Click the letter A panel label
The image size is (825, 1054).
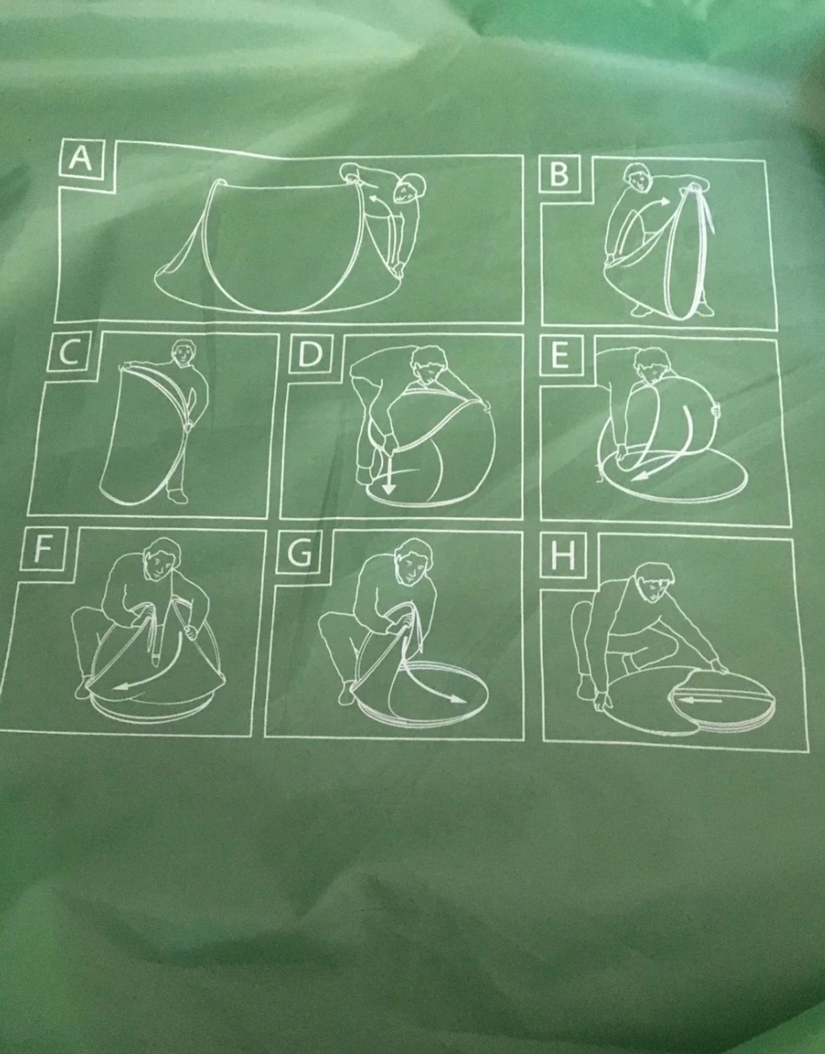pos(80,158)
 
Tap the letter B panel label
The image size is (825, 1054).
pos(559,174)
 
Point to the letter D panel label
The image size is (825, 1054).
pos(309,355)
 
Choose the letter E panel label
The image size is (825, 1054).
pos(560,357)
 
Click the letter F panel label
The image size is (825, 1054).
pos(43,551)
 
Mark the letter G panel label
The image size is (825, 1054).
pos(297,553)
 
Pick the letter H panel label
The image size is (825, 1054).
pos(563,556)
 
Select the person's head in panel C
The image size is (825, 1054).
pos(184,353)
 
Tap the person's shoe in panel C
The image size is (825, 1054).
pos(177,496)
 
